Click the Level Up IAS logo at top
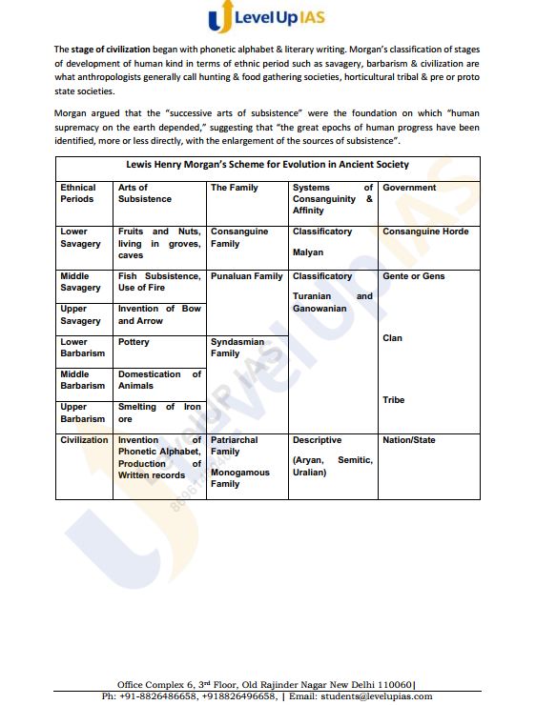pos(268,19)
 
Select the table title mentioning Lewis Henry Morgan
pos(267,164)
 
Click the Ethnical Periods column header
pos(78,193)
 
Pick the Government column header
pos(409,188)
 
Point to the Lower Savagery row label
pos(80,237)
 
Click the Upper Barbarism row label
pos(82,413)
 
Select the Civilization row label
pos(84,440)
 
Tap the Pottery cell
pos(134,342)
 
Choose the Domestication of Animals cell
pos(159,379)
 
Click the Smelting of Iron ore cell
pos(159,413)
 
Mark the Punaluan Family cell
pos(246,276)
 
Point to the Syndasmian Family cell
pos(237,347)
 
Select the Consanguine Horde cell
pos(425,232)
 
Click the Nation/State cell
pos(408,440)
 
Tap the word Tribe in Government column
pos(394,400)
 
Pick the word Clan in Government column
pos(392,338)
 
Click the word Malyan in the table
pos(308,252)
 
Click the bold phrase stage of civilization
pos(110,48)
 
